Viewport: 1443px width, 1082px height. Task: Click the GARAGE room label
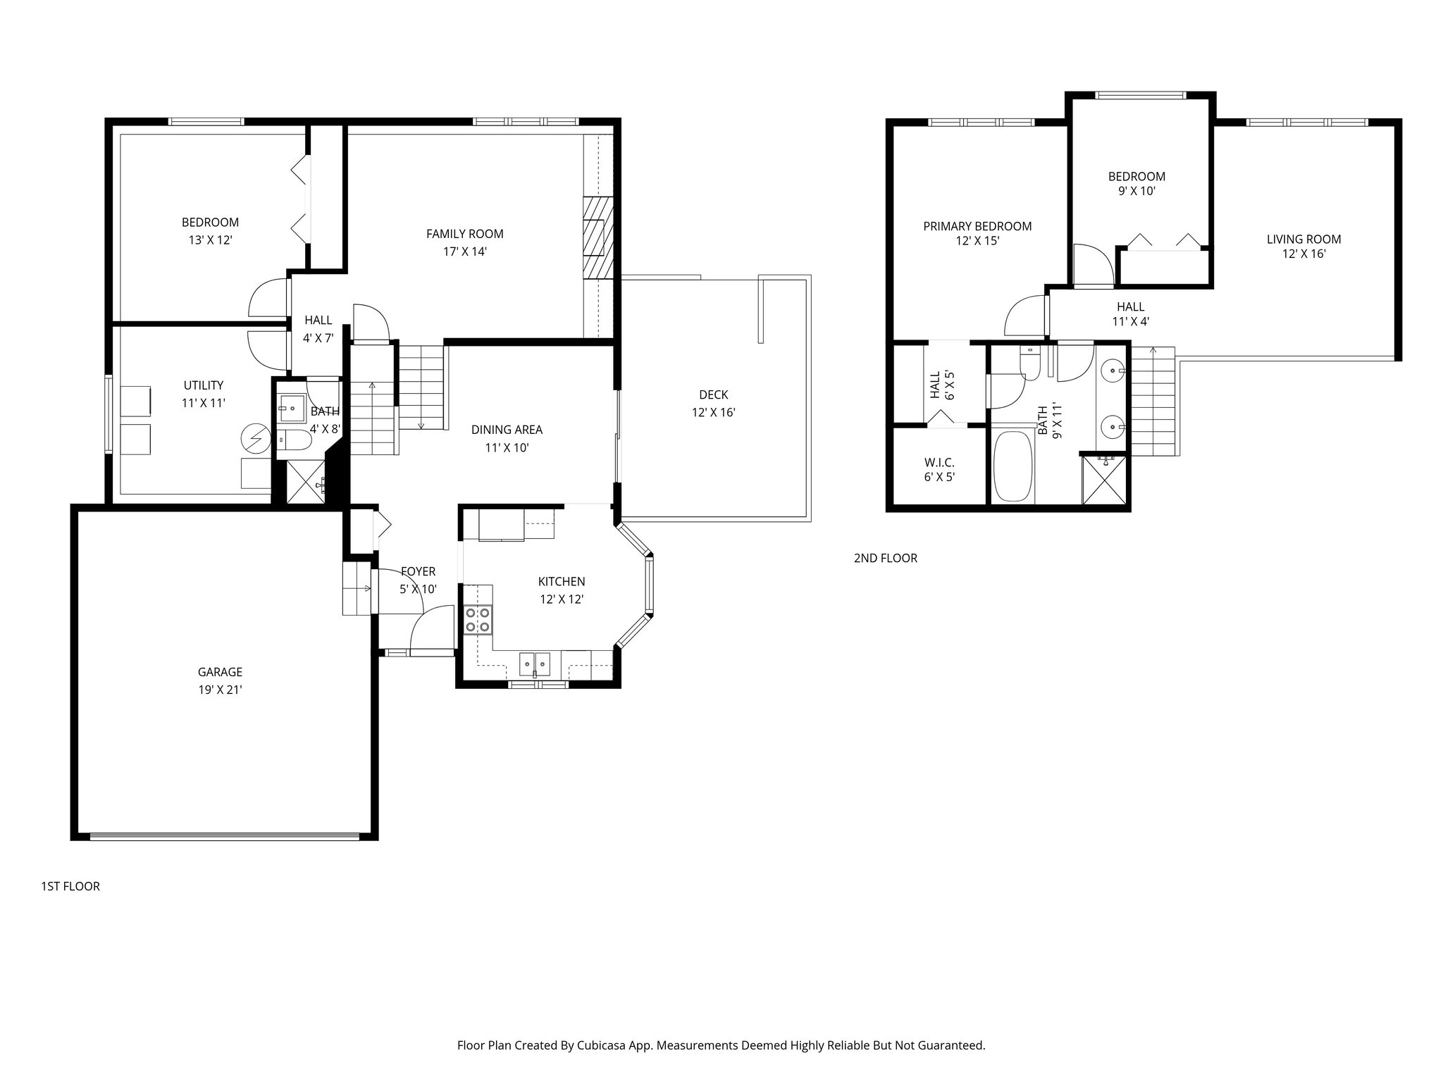click(220, 672)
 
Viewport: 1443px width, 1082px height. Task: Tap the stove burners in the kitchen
click(477, 620)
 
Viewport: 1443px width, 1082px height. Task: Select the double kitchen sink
click(535, 664)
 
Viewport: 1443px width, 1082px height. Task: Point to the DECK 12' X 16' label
click(713, 404)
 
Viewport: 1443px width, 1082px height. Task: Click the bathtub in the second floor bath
click(1012, 466)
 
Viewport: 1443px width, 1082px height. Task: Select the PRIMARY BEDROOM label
click(977, 226)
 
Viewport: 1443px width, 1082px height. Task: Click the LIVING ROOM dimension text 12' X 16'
click(1303, 254)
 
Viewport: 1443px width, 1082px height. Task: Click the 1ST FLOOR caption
click(70, 886)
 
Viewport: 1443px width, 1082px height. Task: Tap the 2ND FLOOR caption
click(885, 558)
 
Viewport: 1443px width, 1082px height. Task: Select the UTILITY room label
click(203, 385)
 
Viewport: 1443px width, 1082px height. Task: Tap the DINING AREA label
click(507, 430)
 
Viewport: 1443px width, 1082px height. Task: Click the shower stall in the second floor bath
click(1104, 481)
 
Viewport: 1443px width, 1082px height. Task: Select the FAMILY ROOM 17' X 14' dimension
click(465, 251)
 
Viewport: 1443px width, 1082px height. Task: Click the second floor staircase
click(1152, 402)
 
